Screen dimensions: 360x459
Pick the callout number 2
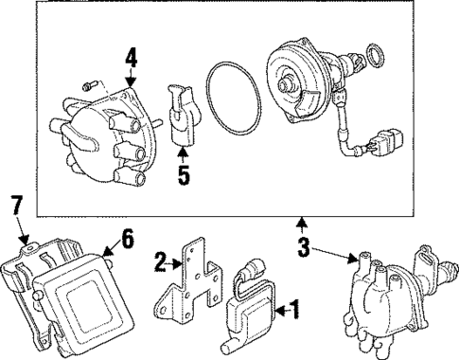coord(162,261)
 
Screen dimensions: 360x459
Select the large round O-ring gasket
coord(230,99)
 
